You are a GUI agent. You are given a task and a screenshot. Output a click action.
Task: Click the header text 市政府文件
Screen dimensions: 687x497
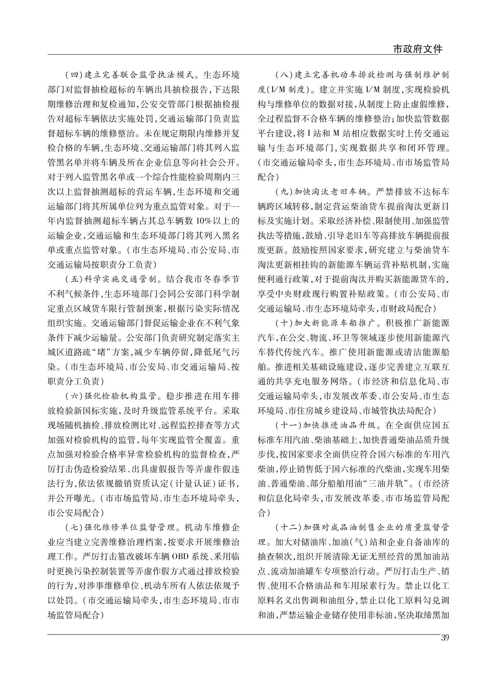(417, 49)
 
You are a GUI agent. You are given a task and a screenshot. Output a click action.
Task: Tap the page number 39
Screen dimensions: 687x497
(444, 637)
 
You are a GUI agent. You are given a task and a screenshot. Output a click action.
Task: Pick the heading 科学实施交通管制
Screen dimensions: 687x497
(122, 279)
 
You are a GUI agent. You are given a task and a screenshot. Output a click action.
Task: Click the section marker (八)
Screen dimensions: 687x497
(284, 75)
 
